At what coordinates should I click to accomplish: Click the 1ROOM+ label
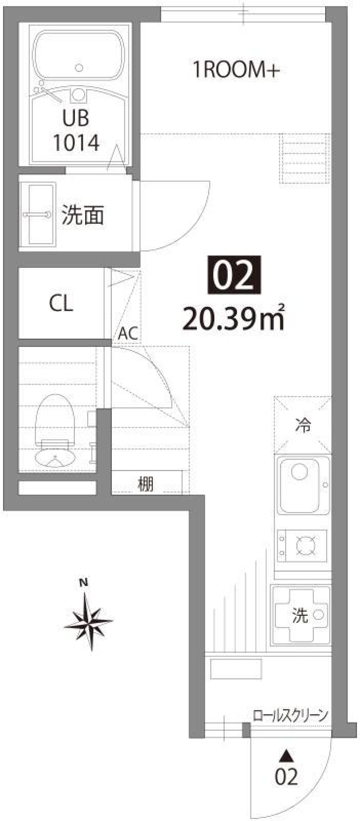236,70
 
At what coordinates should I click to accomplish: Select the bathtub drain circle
79,68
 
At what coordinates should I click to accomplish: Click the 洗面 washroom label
82,215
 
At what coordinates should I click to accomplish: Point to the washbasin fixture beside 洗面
37,215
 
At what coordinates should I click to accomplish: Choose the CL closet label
61,303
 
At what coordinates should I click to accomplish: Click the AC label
127,333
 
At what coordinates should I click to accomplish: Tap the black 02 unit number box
234,275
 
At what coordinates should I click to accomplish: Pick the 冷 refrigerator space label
303,426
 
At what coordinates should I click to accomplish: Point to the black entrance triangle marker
287,755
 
